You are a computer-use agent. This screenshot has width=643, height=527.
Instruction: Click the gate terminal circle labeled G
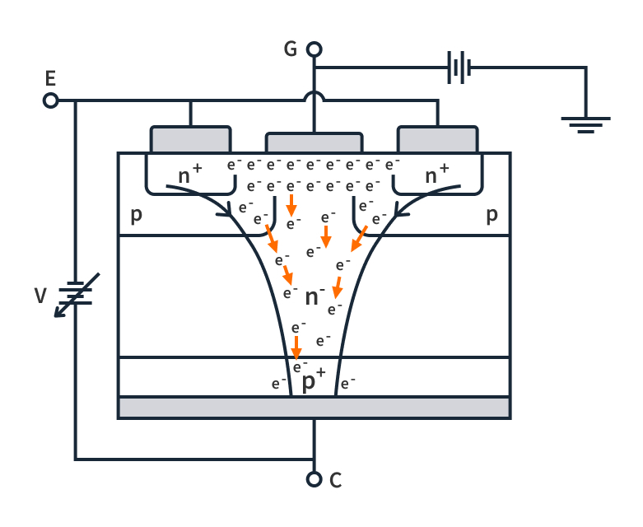314,50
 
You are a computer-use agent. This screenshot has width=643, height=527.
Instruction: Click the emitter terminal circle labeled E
50,100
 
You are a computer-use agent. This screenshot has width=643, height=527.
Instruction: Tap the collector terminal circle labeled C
314,479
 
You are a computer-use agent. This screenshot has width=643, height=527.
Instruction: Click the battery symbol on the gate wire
459,68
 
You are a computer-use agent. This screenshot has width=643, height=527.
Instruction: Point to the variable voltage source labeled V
76,293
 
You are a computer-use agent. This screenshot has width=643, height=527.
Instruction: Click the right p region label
492,216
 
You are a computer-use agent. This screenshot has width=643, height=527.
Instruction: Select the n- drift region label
315,296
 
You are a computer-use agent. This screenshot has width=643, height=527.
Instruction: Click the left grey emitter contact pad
190,139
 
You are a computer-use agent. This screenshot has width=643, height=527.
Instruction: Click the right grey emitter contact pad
437,139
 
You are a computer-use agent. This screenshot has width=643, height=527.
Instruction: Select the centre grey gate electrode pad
314,142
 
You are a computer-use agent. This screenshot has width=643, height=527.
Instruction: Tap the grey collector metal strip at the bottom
314,408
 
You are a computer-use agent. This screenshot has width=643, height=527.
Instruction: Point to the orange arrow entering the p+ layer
296,347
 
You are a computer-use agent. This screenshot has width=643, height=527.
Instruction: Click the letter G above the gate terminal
290,49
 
